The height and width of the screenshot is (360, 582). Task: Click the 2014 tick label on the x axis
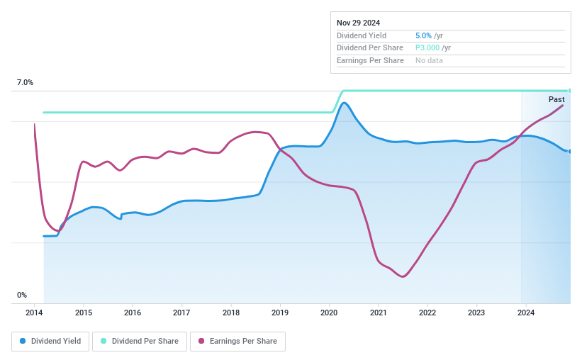tap(35, 313)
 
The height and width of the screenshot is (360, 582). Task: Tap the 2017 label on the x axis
tap(181, 313)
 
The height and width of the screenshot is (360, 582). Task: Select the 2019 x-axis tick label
tap(280, 313)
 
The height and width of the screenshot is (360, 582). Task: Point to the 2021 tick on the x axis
tap(378, 313)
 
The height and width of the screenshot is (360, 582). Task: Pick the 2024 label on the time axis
tap(525, 313)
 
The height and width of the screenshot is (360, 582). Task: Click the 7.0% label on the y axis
tap(25, 83)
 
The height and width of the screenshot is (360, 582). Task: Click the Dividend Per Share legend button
tap(140, 341)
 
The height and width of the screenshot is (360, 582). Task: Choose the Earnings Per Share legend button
tap(237, 341)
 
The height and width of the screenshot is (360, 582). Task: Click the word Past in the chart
tap(556, 100)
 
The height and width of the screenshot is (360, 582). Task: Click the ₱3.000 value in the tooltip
tap(427, 48)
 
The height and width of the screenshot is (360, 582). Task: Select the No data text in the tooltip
tap(429, 61)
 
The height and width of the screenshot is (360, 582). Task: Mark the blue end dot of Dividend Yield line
tap(569, 151)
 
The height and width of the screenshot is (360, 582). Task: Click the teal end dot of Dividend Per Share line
tap(569, 91)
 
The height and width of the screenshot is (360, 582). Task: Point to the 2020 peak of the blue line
tap(345, 103)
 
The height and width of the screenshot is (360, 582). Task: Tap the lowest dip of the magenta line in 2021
tap(403, 276)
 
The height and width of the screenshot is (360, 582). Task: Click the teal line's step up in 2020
tap(338, 101)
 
